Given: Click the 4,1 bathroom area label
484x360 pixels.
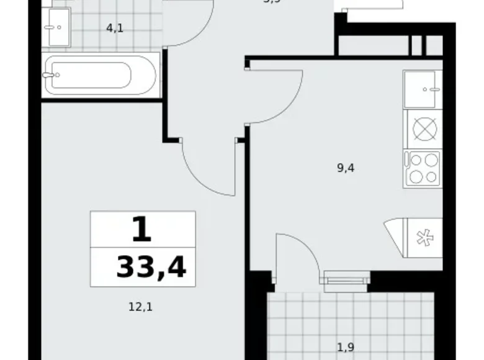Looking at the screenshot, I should pyautogui.click(x=114, y=28).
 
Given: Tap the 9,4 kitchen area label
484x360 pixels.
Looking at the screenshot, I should pyautogui.click(x=346, y=167).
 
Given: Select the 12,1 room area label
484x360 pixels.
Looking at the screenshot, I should pyautogui.click(x=140, y=306).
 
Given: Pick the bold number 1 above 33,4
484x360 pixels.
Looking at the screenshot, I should pyautogui.click(x=141, y=231).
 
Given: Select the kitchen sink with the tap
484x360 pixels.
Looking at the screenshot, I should pyautogui.click(x=423, y=89).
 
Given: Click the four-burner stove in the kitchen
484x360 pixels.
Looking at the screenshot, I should pyautogui.click(x=423, y=168).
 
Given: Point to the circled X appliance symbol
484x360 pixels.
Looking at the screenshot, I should pyautogui.click(x=424, y=130).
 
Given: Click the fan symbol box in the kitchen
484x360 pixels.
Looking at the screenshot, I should pyautogui.click(x=424, y=238).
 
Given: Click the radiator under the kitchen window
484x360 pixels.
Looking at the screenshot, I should pyautogui.click(x=346, y=281).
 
